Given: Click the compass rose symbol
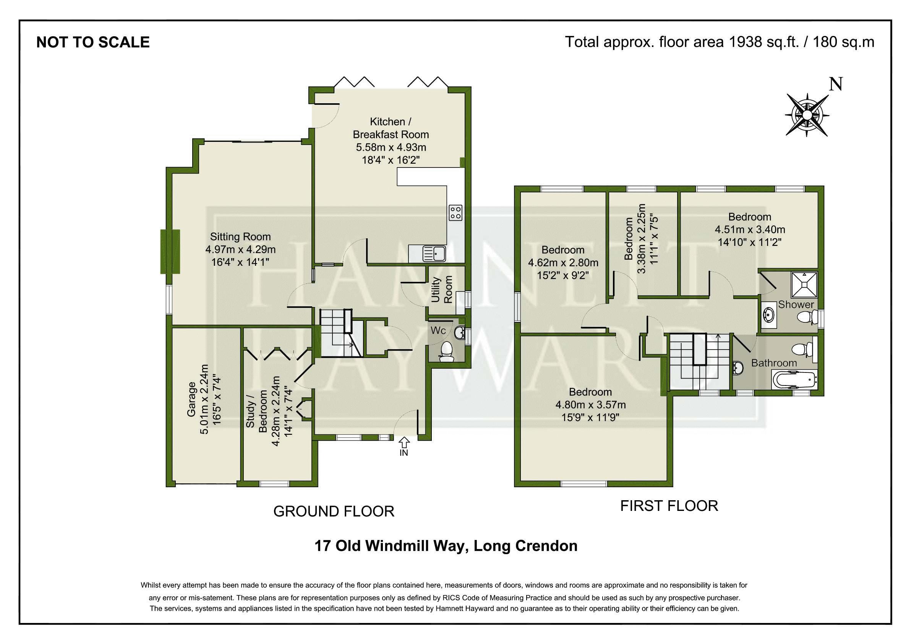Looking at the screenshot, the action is pos(807,115).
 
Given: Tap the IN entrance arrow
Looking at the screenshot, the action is pos(404,442).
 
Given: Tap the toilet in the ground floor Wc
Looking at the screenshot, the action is pos(447,352).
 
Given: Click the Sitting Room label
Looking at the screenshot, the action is pos(240,237).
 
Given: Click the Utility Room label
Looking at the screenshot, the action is pos(442,290).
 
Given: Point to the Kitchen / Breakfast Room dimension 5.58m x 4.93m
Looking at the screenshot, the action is pos(391,147).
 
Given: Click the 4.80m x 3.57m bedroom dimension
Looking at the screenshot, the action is pos(590,405).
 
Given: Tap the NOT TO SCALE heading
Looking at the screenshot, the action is pos(93,42).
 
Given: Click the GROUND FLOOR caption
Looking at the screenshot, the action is pos(334,511).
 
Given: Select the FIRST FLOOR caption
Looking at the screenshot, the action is pos(669,506).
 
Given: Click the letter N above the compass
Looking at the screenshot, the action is pos(836,84).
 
